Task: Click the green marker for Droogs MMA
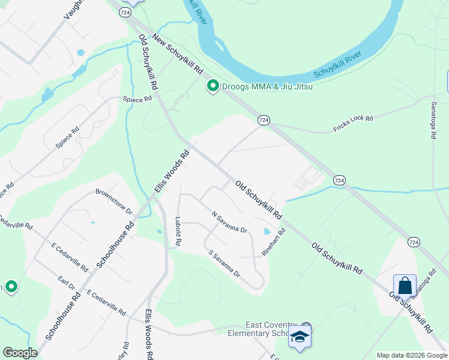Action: coord(212,87)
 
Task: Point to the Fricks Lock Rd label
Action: coord(353,124)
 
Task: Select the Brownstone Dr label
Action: coord(113,201)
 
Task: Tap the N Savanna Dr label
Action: coord(229,222)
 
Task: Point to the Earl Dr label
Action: coord(66,283)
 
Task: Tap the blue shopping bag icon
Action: coord(405,286)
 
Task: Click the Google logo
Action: coord(20,353)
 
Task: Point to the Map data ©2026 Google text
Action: coord(412,355)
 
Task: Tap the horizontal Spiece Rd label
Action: coord(137,99)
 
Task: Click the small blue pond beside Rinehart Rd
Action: coord(266,232)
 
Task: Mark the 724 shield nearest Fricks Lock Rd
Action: coord(263,121)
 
